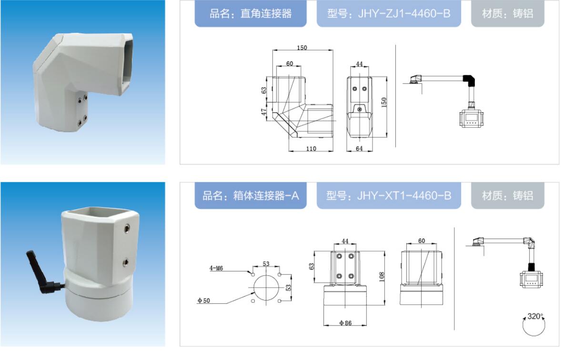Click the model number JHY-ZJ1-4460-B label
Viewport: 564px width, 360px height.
(x=389, y=14)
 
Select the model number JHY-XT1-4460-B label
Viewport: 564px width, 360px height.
(x=389, y=196)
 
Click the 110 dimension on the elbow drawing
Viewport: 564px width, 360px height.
(x=311, y=149)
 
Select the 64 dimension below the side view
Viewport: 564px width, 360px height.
(x=359, y=149)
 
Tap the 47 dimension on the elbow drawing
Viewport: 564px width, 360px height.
(x=264, y=112)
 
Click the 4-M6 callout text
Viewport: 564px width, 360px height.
(x=216, y=268)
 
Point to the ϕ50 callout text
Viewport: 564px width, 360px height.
(x=203, y=300)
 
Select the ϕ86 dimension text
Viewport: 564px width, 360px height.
(x=345, y=323)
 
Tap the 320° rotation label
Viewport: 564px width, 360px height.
(x=535, y=316)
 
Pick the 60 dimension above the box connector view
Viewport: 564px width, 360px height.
(x=422, y=240)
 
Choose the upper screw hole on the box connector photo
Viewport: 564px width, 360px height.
(x=127, y=228)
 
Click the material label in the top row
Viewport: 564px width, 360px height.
(x=507, y=14)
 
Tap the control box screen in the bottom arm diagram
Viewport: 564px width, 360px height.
(x=531, y=278)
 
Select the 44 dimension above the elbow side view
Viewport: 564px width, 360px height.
(x=359, y=64)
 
